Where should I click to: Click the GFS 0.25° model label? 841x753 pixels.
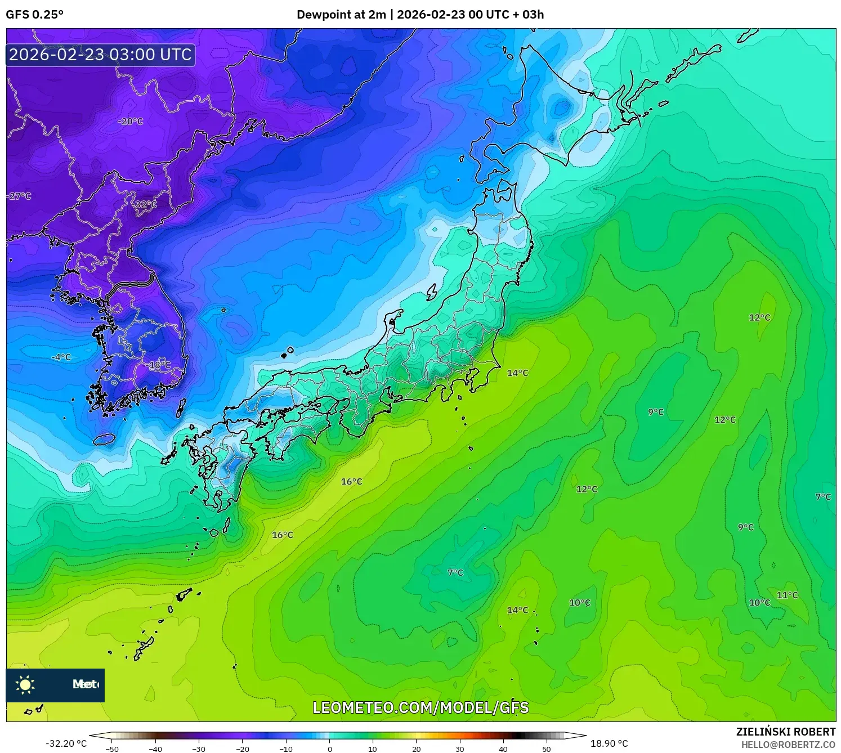tap(34, 15)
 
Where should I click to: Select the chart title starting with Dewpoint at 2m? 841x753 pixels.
tap(420, 15)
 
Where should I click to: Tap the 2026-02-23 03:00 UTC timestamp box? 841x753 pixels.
tap(100, 55)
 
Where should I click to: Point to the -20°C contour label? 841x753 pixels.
tap(130, 121)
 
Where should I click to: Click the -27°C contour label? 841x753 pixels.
tap(19, 196)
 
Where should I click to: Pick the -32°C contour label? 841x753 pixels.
tap(145, 204)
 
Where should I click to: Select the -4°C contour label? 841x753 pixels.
tap(61, 357)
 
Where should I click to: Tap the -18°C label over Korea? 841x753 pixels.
tap(159, 365)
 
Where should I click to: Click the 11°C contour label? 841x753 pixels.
tap(787, 595)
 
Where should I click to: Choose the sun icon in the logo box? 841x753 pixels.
tap(25, 685)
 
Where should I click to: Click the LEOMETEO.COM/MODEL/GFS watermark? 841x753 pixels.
tap(420, 707)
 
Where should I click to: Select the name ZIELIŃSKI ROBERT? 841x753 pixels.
tap(786, 732)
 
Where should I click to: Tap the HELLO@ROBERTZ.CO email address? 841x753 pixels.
tap(788, 745)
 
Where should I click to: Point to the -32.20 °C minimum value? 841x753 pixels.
tap(66, 743)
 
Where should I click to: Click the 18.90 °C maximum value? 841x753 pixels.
tap(609, 743)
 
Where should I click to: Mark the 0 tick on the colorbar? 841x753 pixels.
tap(330, 749)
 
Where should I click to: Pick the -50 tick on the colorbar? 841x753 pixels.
tap(112, 749)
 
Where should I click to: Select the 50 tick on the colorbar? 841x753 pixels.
tap(547, 749)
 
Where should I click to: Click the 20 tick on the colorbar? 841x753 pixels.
tap(417, 749)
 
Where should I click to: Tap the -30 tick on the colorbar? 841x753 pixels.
tap(199, 749)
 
